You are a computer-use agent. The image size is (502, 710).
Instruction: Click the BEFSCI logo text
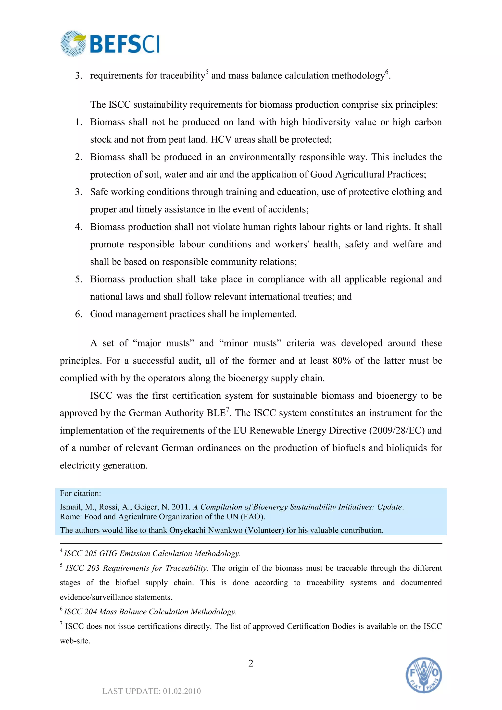click(125, 44)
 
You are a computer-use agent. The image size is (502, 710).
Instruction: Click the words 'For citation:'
click(80, 493)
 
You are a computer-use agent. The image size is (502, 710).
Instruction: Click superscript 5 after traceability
click(207, 71)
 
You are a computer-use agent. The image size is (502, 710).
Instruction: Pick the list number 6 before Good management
click(78, 314)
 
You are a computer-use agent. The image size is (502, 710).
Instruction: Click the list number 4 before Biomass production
click(78, 227)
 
